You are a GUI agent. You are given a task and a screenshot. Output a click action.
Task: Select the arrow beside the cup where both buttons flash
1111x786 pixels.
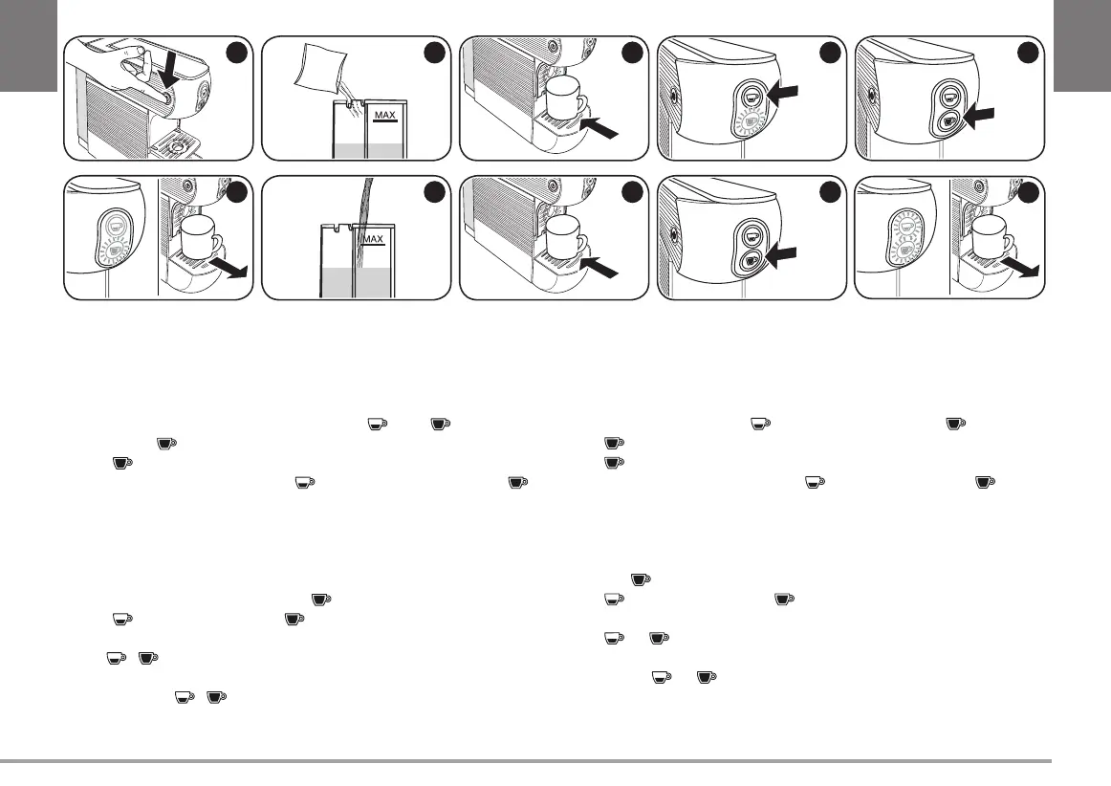tap(1027, 271)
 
